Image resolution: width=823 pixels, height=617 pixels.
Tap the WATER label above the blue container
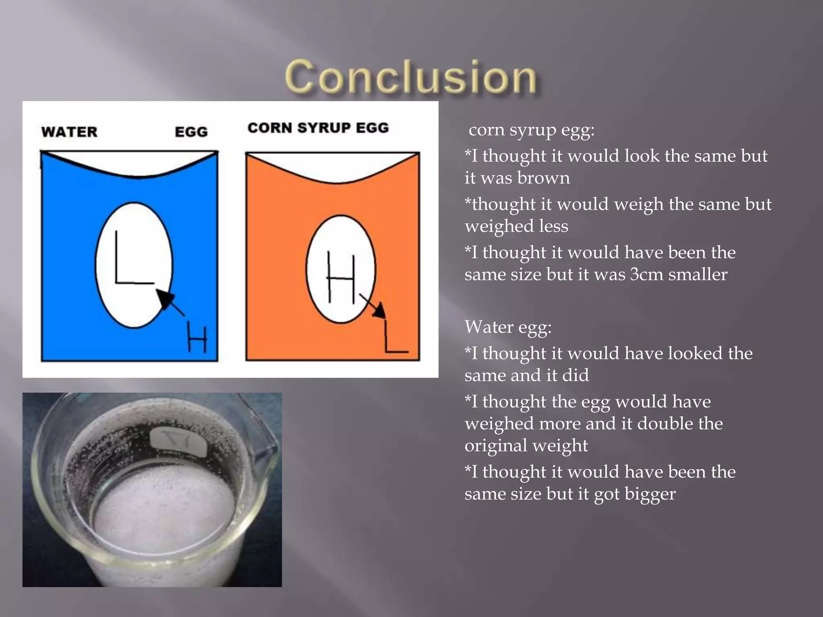click(x=69, y=132)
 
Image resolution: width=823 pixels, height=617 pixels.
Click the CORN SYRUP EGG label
click(x=318, y=128)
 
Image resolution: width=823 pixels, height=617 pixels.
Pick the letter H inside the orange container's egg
click(x=341, y=277)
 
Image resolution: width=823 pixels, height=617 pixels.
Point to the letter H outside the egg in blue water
click(x=197, y=340)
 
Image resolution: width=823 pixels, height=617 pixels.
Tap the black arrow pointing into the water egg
click(x=169, y=301)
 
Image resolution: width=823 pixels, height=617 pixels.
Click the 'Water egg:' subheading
click(x=508, y=327)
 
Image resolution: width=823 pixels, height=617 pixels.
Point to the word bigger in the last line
click(x=650, y=494)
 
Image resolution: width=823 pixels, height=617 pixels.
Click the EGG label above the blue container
click(x=191, y=132)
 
